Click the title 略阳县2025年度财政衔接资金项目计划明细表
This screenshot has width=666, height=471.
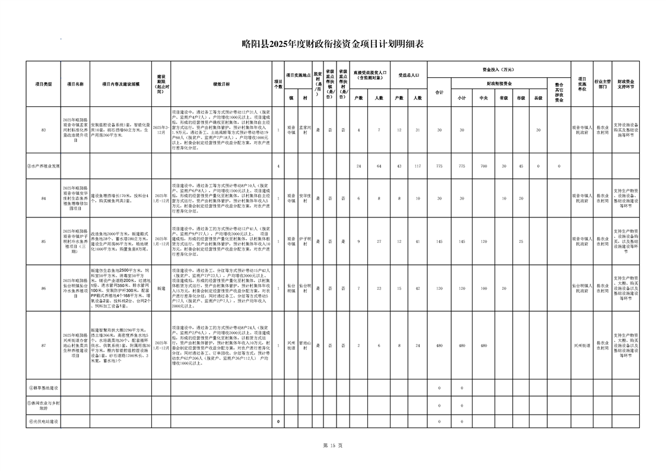click(333, 43)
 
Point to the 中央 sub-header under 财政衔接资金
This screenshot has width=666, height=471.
click(484, 98)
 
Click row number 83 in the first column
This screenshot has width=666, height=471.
click(43, 129)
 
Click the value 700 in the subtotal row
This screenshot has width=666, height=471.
click(484, 166)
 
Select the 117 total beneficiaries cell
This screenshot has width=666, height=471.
click(417, 166)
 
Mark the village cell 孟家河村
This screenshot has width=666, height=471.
click(304, 129)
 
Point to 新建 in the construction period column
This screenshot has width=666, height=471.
click(161, 287)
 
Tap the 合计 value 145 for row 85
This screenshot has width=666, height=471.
click(439, 241)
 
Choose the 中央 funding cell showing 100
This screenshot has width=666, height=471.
click(484, 287)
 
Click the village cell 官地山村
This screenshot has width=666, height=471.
click(304, 345)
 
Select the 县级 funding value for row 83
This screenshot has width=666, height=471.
click(538, 129)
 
